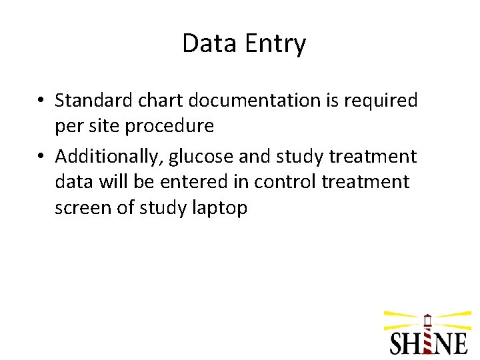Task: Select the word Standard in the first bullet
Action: [x=93, y=101]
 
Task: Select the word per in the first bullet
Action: [x=67, y=126]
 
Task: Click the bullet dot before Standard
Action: [x=41, y=101]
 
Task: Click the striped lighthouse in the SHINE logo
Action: [x=427, y=333]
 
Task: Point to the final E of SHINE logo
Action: [x=459, y=342]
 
